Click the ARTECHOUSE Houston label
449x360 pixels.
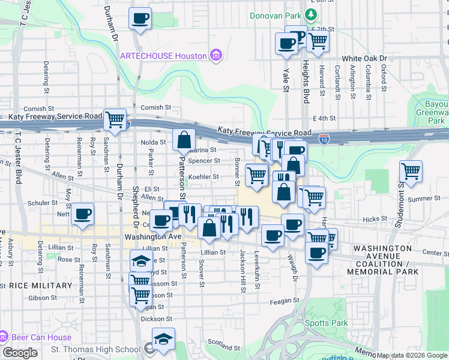pos(163,56)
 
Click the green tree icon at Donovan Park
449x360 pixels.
pos(311,14)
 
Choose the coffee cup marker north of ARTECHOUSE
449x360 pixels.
pos(140,19)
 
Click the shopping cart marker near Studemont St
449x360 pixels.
pos(411,172)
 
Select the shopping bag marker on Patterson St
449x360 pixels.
pos(184,140)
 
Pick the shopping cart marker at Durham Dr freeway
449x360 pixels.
pos(115,118)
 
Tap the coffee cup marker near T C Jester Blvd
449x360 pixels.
pos(83,214)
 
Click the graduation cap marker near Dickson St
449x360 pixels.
pos(163,340)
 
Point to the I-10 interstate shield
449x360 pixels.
pos(324,139)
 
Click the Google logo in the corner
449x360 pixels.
pos(20,353)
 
